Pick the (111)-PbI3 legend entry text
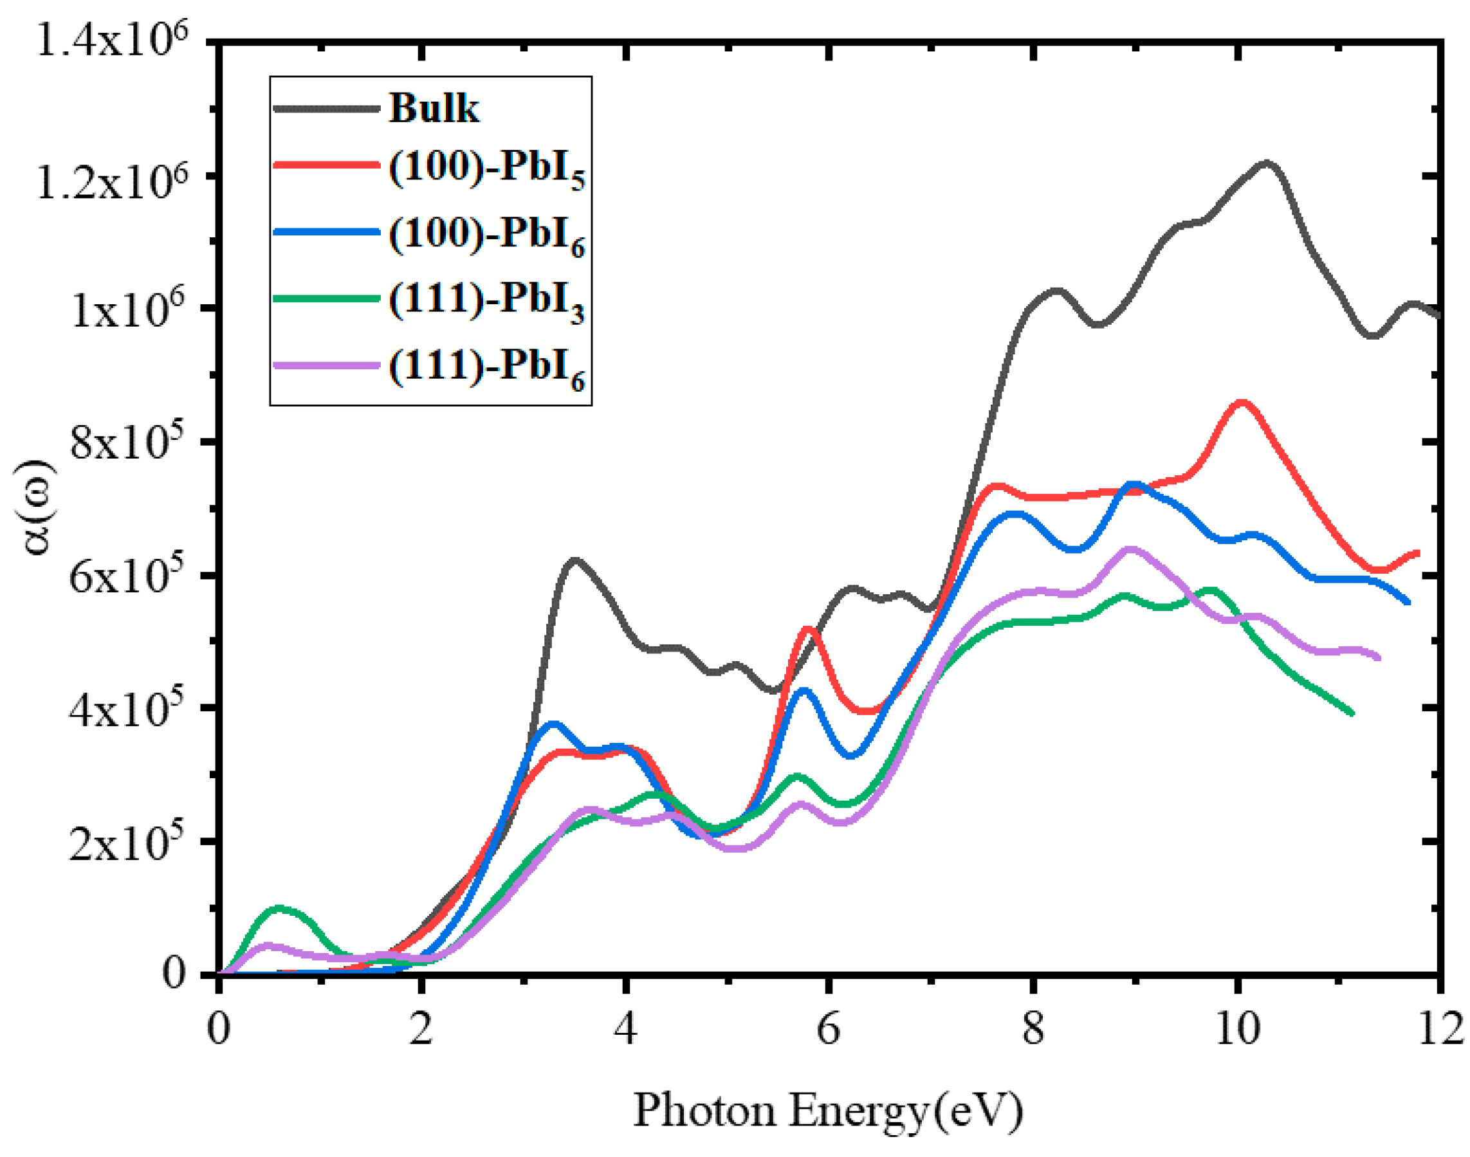pos(486,301)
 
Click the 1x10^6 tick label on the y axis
pos(128,309)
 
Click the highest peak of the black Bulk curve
pos(1265,163)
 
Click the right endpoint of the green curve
pos(1352,713)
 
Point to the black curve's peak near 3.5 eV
pos(574,560)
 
